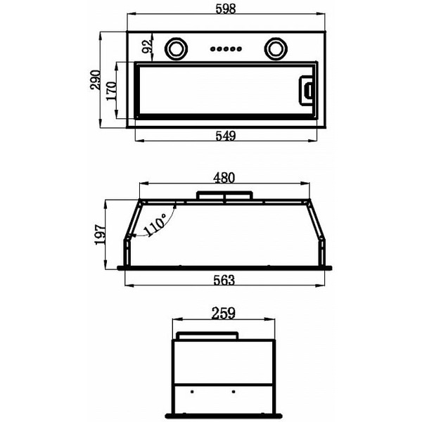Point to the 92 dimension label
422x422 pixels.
tap(147, 47)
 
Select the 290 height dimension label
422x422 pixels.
tap(96, 79)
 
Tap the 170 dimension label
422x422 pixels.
tap(110, 91)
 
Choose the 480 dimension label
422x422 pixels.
tap(224, 178)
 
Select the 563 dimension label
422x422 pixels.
tap(223, 279)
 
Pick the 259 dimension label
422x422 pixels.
tap(222, 312)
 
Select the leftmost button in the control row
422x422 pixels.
tap(212, 49)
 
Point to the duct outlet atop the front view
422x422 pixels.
tap(224, 196)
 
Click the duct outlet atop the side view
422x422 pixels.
tap(208, 335)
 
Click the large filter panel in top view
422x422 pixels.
tap(218, 90)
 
